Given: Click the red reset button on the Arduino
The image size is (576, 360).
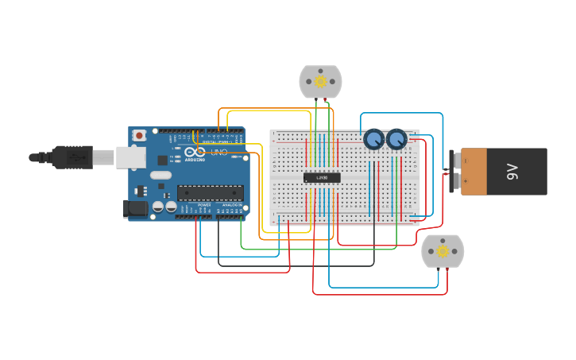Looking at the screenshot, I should pos(140,135).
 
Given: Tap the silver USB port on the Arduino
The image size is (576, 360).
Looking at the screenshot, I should pos(130,157).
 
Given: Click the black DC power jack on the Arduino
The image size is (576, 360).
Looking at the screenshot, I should pos(134,209).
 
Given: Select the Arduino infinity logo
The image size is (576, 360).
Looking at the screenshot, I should pos(195,152).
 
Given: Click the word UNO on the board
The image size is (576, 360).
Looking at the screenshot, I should pos(218,152).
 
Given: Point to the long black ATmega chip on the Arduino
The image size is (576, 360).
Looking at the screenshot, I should pos(211,192).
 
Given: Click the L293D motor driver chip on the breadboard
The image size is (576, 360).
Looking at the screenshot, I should pos(322,177).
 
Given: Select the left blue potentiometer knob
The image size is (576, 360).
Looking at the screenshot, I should pos(373,140).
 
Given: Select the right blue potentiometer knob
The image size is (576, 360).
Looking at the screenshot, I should pos(396,140).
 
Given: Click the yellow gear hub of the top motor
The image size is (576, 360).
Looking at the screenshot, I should pos(321,81).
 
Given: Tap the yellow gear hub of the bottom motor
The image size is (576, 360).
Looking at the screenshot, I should pos(443,251).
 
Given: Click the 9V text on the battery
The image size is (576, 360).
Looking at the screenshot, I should pos(513,172).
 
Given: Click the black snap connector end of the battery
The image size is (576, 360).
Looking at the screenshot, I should pos(454,172).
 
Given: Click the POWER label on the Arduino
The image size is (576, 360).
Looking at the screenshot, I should pos(204,204).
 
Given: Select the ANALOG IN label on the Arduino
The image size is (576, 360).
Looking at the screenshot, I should pos(232,204).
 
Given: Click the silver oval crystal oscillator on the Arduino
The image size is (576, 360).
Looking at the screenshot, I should pos(160,175).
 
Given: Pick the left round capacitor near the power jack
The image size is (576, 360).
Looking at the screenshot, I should pos(158,207).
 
